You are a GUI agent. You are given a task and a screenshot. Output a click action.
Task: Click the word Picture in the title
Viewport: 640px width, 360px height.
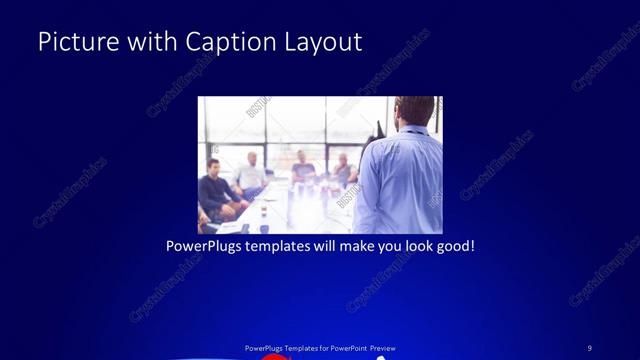77,42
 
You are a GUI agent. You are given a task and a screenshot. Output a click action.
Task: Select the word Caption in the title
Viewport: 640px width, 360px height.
226,42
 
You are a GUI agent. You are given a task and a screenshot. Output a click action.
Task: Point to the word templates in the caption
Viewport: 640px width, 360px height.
285,245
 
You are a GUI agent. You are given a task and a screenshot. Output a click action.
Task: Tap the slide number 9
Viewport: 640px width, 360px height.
589,348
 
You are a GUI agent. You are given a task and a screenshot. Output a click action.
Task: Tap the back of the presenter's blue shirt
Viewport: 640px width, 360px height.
400,180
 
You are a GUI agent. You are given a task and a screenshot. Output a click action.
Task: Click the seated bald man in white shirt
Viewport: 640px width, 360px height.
250,172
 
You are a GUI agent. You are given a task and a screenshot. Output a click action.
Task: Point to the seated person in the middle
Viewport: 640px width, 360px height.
302,168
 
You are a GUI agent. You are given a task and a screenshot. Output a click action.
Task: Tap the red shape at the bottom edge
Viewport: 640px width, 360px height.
273,356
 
